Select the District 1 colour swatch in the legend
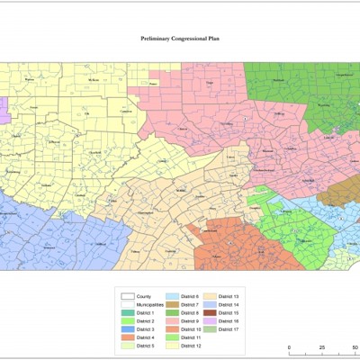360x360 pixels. pyautogui.click(x=128, y=312)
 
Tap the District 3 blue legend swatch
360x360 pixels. pyautogui.click(x=128, y=328)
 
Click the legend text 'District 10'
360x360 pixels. pyautogui.click(x=192, y=328)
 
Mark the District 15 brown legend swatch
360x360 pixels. pyautogui.click(x=211, y=312)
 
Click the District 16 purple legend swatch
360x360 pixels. pyautogui.click(x=211, y=320)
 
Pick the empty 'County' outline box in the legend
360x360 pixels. pyautogui.click(x=128, y=296)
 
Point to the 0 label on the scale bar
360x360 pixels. pyautogui.click(x=289, y=351)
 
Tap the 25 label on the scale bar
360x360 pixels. pyautogui.click(x=311, y=351)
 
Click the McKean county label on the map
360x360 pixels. pyautogui.click(x=94, y=80)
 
